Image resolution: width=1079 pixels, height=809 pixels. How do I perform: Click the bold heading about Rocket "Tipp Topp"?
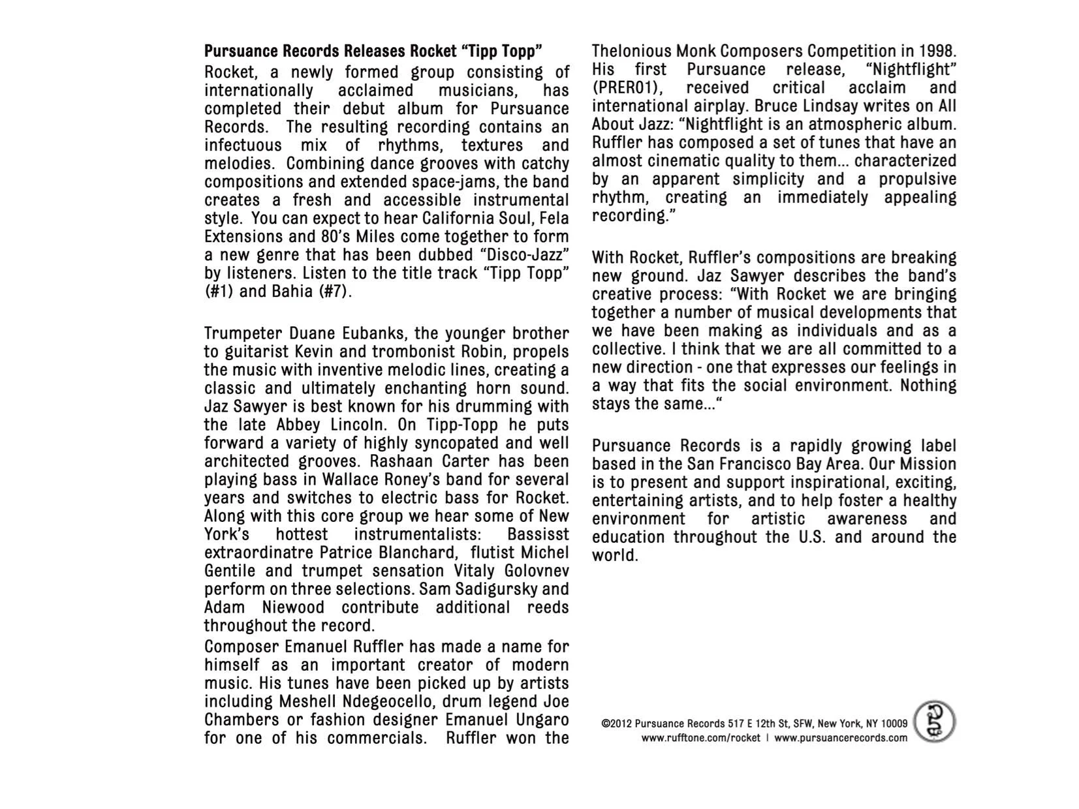tap(373, 51)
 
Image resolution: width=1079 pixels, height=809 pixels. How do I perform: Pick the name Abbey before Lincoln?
tap(298, 425)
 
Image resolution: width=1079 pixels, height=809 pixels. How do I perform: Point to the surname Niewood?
tap(293, 607)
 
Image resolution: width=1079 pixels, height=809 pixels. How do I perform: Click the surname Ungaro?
tap(540, 720)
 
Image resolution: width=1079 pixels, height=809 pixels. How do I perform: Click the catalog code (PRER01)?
tap(627, 87)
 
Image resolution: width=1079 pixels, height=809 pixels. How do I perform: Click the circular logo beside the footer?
tap(934, 722)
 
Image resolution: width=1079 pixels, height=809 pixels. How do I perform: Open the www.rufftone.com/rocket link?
tap(700, 738)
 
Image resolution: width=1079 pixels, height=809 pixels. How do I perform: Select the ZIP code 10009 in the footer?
tap(894, 724)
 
